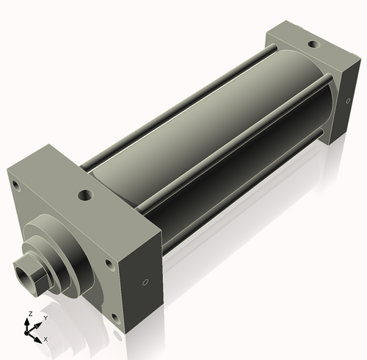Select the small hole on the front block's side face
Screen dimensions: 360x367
point(145,282)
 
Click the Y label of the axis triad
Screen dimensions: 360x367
point(45,317)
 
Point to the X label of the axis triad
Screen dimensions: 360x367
point(46,339)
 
